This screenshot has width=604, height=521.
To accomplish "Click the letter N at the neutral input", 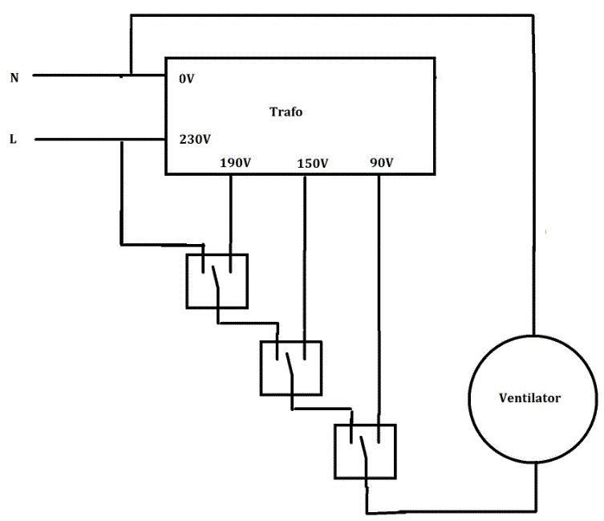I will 14,78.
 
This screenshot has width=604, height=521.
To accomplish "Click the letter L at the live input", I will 13,139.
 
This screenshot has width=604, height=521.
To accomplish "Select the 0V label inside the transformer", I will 186,79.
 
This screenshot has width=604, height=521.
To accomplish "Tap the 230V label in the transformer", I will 194,139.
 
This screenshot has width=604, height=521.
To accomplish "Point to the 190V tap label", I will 236,163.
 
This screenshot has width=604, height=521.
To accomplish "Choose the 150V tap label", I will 313,163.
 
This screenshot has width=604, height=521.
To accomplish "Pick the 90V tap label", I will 382,163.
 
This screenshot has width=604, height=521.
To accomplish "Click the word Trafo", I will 286,112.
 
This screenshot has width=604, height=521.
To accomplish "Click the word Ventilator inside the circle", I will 529,398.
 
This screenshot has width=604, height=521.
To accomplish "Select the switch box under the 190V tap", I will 217,281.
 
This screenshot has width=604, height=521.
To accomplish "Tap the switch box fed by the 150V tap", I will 290,368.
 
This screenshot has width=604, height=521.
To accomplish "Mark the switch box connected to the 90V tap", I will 365,451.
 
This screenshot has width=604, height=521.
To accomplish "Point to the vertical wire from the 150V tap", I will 305,257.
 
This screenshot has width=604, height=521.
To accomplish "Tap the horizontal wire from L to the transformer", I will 80,139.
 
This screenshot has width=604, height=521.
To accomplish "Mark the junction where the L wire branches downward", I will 121,139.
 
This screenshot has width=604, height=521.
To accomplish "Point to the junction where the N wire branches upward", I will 128,77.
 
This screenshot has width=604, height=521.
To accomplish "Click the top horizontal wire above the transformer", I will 329,14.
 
